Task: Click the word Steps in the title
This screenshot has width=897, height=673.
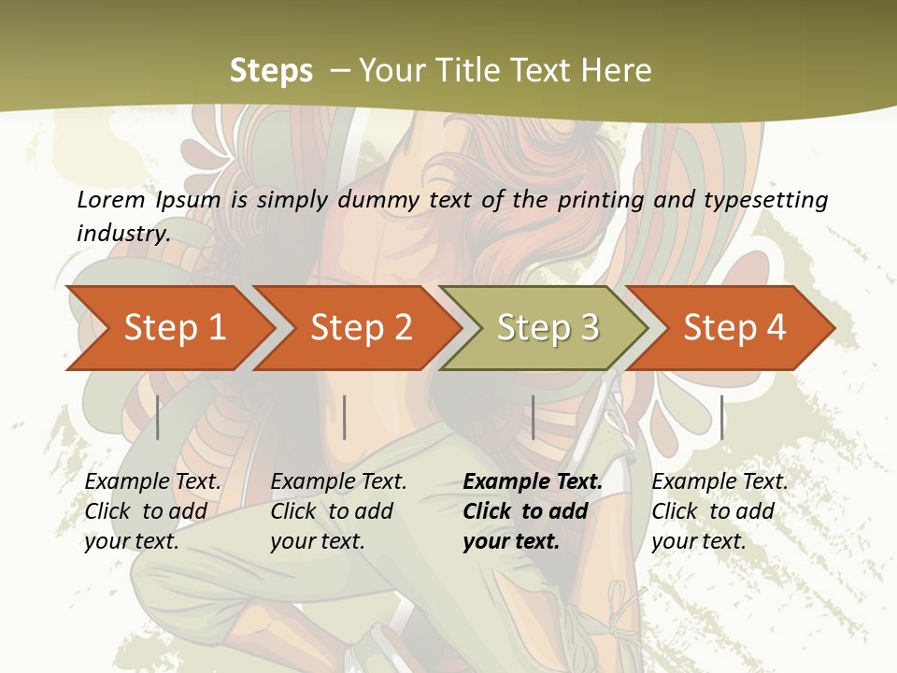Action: (271, 71)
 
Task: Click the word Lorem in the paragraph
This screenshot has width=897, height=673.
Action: (110, 200)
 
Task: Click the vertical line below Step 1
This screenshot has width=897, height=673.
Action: (158, 417)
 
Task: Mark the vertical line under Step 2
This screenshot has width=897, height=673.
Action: (345, 417)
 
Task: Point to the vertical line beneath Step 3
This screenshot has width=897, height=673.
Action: (533, 417)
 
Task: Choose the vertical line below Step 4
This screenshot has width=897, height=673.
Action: (721, 417)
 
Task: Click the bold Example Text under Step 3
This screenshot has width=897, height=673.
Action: (533, 482)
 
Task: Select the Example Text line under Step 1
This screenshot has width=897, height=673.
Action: (153, 482)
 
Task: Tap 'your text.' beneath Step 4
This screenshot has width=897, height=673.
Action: (699, 541)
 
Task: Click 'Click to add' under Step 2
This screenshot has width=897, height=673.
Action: (332, 512)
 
